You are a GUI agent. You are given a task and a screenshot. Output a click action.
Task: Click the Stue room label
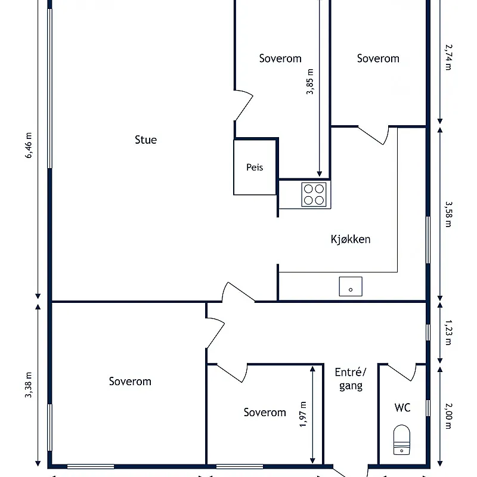pos(145,140)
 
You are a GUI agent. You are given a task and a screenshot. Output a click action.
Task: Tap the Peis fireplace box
pos(255,167)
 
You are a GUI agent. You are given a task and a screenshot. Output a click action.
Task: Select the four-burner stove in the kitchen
pos(314,194)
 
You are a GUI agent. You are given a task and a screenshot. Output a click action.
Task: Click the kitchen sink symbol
pos(351,286)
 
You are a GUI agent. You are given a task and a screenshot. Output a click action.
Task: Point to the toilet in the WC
pos(401,440)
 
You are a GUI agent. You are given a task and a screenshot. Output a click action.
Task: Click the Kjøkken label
pos(351,240)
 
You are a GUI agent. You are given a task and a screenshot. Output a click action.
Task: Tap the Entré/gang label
pos(351,379)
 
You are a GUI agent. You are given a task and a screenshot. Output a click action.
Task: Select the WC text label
pos(402,408)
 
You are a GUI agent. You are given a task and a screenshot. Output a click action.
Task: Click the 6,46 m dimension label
pos(28,145)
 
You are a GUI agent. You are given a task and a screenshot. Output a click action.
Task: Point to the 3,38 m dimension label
pos(28,385)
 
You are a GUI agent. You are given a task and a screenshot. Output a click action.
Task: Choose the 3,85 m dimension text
pos(309,82)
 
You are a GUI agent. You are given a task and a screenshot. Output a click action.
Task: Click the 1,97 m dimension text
pos(303,414)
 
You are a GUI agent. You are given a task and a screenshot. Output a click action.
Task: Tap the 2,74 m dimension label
pos(448,57)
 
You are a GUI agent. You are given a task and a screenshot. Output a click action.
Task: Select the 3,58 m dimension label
pos(448,214)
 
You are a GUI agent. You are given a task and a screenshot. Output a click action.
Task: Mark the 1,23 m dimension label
pos(448,333)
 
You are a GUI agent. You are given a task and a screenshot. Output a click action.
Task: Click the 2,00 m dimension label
pos(448,416)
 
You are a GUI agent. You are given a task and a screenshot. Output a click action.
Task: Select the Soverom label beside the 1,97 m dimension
pos(265,413)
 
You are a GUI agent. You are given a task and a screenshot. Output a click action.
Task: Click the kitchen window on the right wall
pos(428,240)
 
